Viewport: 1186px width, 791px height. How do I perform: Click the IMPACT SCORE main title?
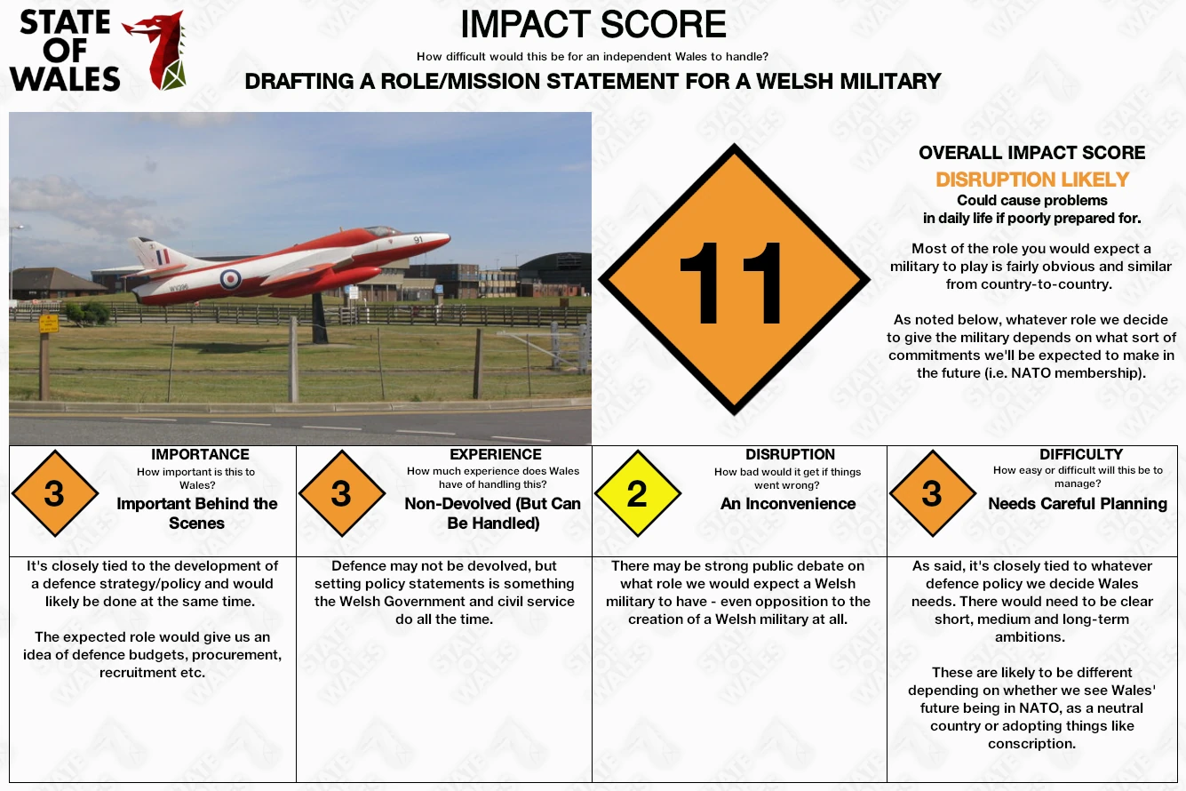[x=593, y=24]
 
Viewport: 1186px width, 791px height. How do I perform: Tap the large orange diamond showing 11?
[x=735, y=279]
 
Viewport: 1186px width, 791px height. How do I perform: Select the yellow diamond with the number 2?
[x=638, y=493]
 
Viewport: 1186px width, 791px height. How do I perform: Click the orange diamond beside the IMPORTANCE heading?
[x=55, y=493]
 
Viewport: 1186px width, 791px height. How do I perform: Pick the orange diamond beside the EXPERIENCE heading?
[x=342, y=493]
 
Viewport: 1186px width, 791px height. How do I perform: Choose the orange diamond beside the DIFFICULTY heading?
[x=933, y=493]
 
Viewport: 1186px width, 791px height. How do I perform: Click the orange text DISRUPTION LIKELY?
[x=1032, y=180]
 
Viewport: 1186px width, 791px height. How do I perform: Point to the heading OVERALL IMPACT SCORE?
[x=1032, y=153]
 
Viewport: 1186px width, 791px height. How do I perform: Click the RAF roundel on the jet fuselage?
[x=230, y=279]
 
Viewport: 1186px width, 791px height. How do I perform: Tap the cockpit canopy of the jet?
[x=382, y=232]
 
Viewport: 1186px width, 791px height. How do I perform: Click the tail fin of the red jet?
[x=156, y=253]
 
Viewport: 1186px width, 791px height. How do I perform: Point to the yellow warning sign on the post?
[x=48, y=323]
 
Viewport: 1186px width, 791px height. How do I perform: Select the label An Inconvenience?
[x=788, y=504]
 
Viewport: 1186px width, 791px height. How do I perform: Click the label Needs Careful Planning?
[x=1078, y=504]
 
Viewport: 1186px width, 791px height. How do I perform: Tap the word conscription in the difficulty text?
[x=1031, y=744]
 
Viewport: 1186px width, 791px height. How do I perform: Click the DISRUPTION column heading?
[x=790, y=454]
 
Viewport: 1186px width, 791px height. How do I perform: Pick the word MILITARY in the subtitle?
[x=890, y=82]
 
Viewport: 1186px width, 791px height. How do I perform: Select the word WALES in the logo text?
[x=65, y=79]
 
